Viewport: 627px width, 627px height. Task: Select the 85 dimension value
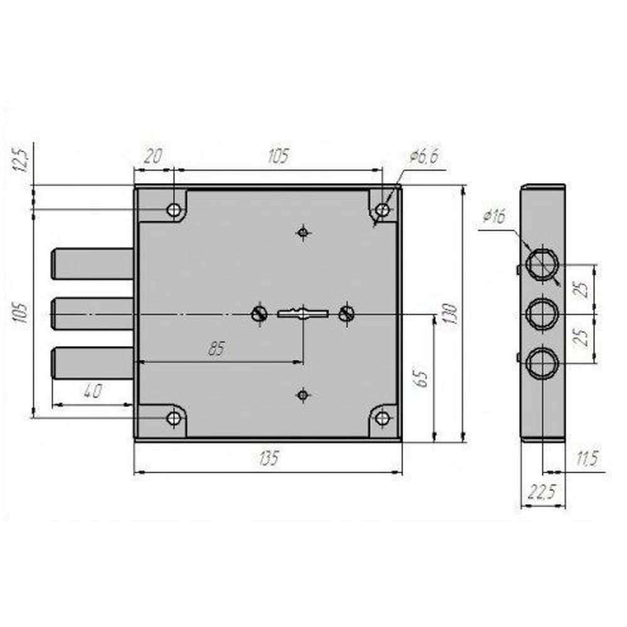click(216, 349)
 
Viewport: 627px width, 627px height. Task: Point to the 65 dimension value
click(421, 379)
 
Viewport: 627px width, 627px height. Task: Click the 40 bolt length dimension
click(92, 391)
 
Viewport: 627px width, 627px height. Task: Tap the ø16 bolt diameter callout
click(494, 216)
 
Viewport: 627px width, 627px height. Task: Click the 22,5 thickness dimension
click(542, 492)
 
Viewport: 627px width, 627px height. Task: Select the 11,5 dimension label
click(587, 458)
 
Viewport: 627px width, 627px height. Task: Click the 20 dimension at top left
click(153, 156)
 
